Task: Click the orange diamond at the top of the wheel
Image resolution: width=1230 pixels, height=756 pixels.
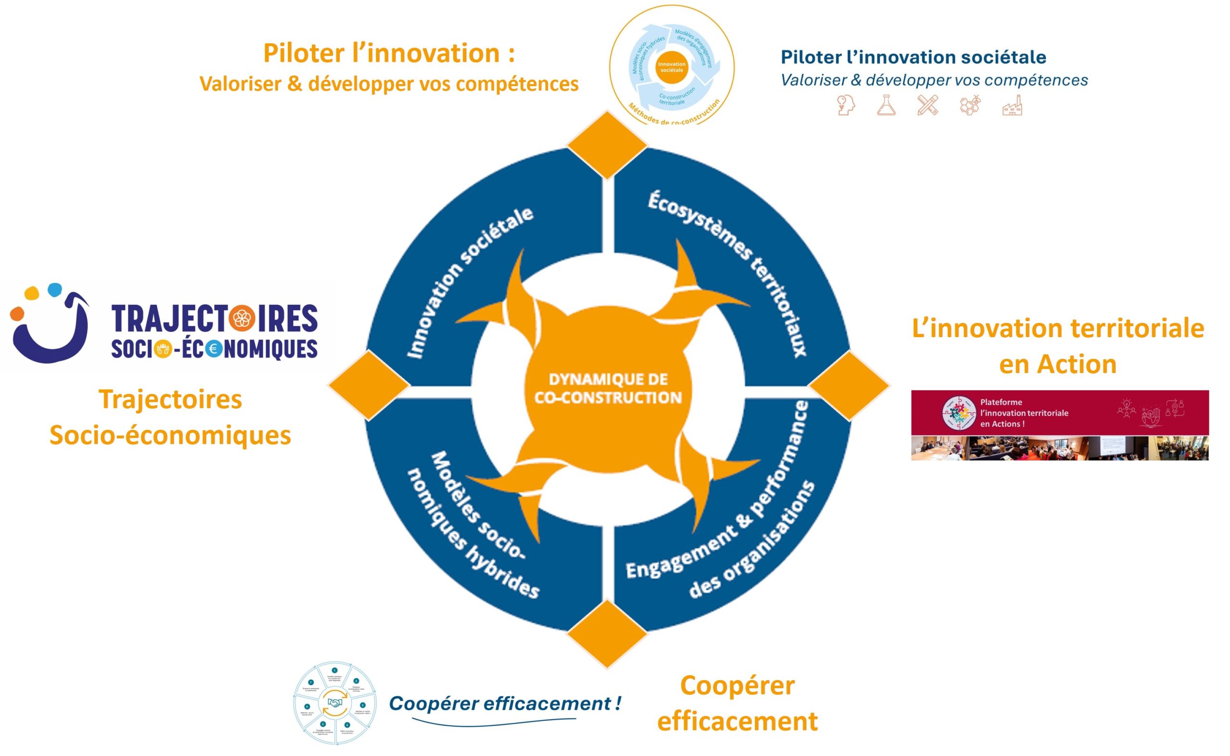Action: (x=607, y=145)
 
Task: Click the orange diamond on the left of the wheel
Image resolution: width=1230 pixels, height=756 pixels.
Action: (x=369, y=385)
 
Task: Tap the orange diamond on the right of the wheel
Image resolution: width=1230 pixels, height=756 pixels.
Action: (x=849, y=385)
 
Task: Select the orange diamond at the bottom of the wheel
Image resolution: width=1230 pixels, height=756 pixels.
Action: (x=607, y=634)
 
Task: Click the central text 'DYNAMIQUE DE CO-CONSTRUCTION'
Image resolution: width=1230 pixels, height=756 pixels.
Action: (x=608, y=389)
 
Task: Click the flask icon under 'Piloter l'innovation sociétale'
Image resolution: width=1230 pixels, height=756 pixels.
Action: (x=886, y=106)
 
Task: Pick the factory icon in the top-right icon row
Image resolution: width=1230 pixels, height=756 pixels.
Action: (x=1012, y=106)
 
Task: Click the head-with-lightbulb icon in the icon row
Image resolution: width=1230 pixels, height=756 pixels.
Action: (x=845, y=106)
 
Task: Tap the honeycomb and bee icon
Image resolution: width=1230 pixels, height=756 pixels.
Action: (x=970, y=106)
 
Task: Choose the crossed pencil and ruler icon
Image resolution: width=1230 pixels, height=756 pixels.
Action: (x=927, y=106)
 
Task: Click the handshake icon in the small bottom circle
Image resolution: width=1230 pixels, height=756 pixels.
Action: (x=334, y=703)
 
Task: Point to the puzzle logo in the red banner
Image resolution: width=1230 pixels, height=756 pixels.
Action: (x=959, y=413)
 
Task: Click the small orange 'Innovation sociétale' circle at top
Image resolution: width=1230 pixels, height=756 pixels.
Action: (x=671, y=67)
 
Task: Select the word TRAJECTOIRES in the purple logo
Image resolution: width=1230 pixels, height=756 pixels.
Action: (x=214, y=318)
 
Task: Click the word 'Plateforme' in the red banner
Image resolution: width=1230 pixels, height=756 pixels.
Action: (x=1001, y=402)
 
